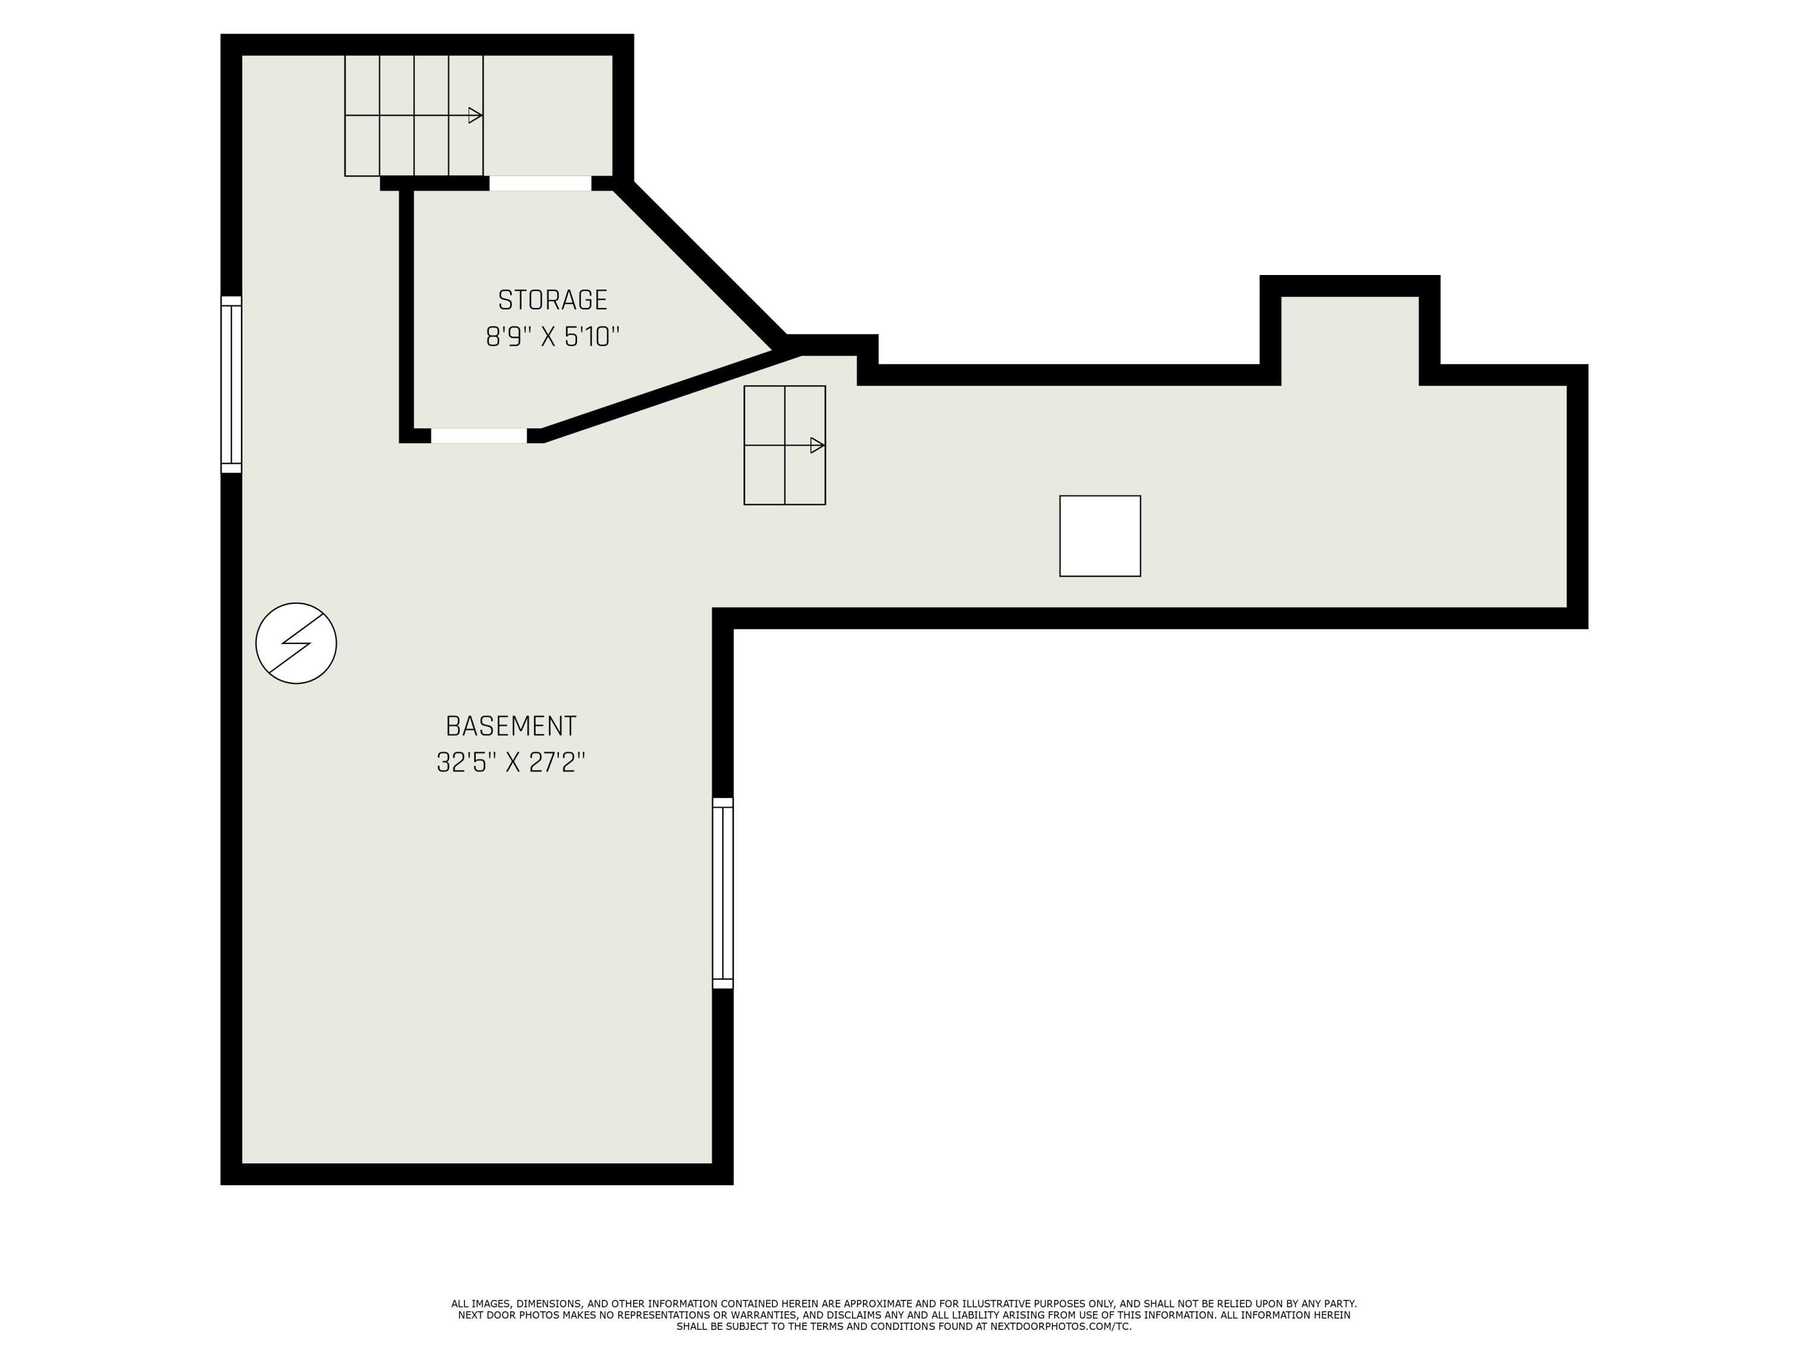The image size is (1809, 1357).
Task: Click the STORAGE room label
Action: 553,300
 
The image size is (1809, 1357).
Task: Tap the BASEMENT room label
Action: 511,726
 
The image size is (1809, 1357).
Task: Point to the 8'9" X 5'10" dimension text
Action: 553,337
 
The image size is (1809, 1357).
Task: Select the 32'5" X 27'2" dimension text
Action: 511,762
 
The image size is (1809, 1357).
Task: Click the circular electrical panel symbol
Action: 296,643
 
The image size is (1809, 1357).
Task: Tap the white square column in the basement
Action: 1100,536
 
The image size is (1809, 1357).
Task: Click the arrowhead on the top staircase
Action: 475,115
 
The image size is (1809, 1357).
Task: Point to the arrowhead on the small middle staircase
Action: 816,445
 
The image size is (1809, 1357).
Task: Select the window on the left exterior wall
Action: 232,384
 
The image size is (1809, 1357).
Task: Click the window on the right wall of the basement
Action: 723,893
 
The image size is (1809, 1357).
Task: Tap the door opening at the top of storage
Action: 540,183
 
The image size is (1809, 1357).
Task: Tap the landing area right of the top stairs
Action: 548,115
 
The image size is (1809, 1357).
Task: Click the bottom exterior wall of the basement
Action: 477,1174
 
